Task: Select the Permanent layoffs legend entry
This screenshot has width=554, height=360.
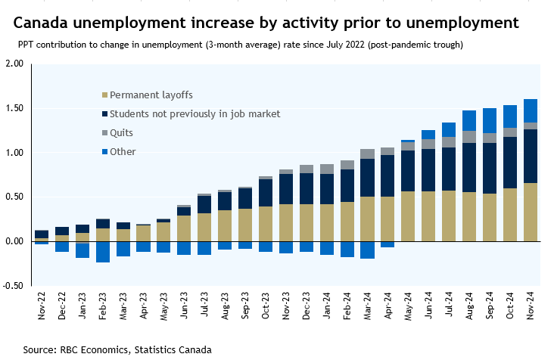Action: click(151, 95)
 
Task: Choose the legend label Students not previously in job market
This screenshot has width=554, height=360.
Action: click(195, 114)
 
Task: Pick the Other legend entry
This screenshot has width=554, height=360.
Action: click(123, 152)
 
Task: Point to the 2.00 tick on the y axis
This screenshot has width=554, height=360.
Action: click(14, 64)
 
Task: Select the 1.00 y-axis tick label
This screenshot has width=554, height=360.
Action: click(14, 153)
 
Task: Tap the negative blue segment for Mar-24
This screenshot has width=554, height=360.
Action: click(347, 250)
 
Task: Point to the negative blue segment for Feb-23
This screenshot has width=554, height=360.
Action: click(103, 252)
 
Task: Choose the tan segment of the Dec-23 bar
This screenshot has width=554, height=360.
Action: click(307, 222)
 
